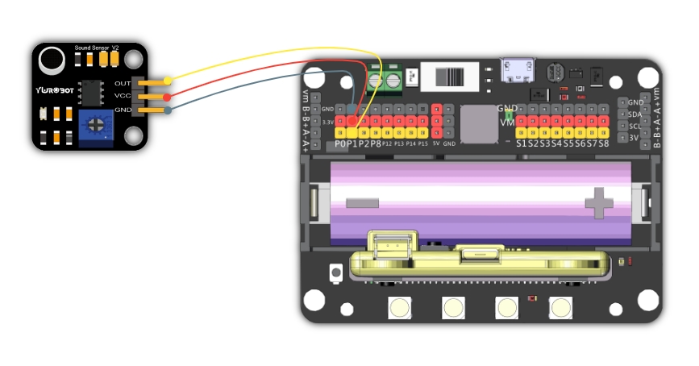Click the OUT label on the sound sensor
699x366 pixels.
pos(123,83)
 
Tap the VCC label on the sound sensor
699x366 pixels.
pos(123,96)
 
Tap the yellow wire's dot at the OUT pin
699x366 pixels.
pos(168,81)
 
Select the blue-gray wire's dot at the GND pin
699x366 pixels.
pos(168,110)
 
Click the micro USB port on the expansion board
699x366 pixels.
pos(513,71)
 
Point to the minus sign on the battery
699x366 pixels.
pos(361,202)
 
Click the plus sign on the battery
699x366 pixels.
pos(599,202)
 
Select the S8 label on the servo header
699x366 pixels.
pos(602,143)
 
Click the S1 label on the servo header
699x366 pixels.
pos(522,143)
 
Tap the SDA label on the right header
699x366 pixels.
pos(635,114)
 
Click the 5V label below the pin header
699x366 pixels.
pos(435,143)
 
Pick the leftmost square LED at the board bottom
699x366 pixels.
pos(398,307)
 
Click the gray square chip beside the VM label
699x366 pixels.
pos(479,124)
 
